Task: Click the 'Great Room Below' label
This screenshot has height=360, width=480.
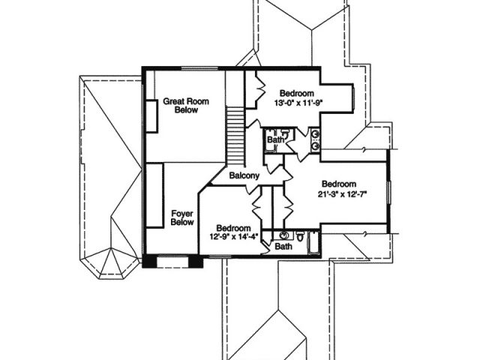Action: click(185, 105)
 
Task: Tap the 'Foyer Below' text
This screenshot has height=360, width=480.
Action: click(183, 217)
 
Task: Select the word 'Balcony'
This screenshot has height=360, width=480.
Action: click(244, 176)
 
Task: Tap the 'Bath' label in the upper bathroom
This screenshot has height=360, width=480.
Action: click(275, 139)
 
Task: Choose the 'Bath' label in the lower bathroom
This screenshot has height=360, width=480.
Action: click(283, 246)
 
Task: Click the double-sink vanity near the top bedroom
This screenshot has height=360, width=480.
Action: click(316, 140)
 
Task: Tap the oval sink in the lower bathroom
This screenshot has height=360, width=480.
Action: click(284, 235)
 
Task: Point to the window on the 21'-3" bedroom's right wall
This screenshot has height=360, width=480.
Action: click(388, 192)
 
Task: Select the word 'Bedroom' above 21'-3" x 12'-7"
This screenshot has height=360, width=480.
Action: click(339, 184)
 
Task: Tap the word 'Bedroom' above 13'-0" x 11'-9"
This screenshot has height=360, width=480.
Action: click(295, 94)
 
